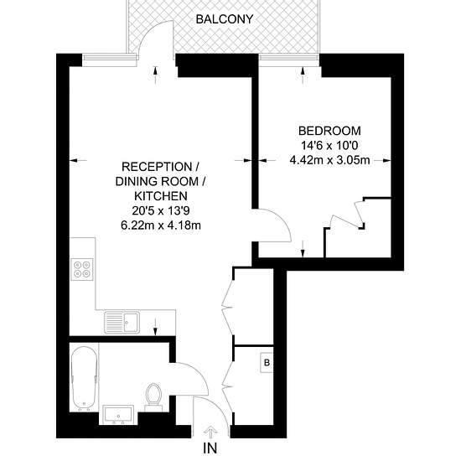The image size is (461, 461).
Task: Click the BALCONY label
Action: pyautogui.click(x=225, y=19)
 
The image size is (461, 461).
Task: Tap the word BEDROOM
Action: pyautogui.click(x=329, y=131)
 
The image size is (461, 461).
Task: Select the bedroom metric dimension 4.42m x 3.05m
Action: pyautogui.click(x=329, y=161)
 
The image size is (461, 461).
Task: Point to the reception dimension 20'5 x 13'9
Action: pyautogui.click(x=161, y=210)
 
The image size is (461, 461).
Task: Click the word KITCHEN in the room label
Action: pyautogui.click(x=161, y=196)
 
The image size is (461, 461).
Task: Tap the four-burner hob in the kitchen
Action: pyautogui.click(x=82, y=268)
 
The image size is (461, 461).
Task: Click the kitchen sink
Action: pyautogui.click(x=122, y=322)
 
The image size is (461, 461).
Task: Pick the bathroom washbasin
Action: pyautogui.click(x=118, y=415)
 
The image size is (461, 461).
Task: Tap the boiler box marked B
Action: pyautogui.click(x=267, y=362)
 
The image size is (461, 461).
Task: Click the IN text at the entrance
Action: pyautogui.click(x=210, y=448)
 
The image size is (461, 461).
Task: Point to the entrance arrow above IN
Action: pyautogui.click(x=210, y=433)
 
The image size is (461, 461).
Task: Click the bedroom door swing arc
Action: pyautogui.click(x=284, y=219)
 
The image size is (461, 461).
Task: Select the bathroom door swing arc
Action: pyautogui.click(x=200, y=373)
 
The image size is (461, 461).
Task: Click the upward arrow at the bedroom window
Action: pyautogui.click(x=303, y=75)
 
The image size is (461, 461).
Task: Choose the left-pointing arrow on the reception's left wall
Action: pyautogui.click(x=78, y=161)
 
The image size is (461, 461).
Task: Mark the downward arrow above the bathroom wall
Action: pyautogui.click(x=156, y=326)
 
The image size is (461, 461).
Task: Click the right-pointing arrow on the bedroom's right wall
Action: pyautogui.click(x=382, y=161)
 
